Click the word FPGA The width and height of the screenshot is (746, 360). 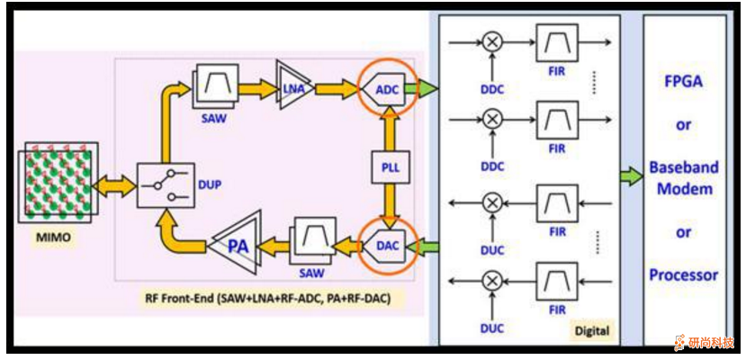683,79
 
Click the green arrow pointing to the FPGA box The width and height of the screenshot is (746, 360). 629,175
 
